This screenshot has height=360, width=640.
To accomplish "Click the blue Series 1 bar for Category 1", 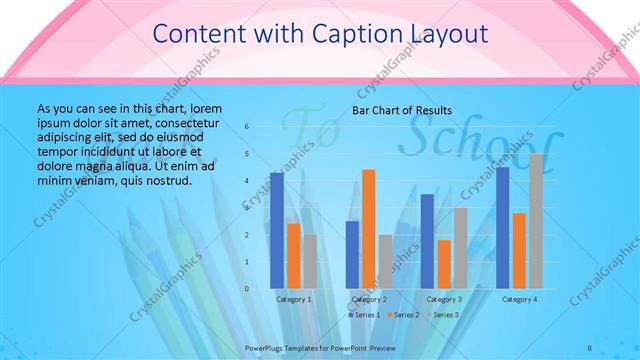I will (277, 230).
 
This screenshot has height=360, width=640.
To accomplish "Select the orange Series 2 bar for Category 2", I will (368, 229).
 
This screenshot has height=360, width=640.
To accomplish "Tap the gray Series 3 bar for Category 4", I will (536, 221).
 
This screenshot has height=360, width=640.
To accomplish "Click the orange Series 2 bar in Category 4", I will (519, 251).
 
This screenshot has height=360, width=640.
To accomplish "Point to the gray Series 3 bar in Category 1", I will (310, 261).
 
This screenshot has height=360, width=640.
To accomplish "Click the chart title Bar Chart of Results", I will (402, 110).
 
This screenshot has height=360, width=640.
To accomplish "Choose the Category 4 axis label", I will (519, 299).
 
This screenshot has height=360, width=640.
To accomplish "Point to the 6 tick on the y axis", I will (247, 127).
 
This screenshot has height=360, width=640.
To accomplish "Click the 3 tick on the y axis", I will (247, 208).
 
